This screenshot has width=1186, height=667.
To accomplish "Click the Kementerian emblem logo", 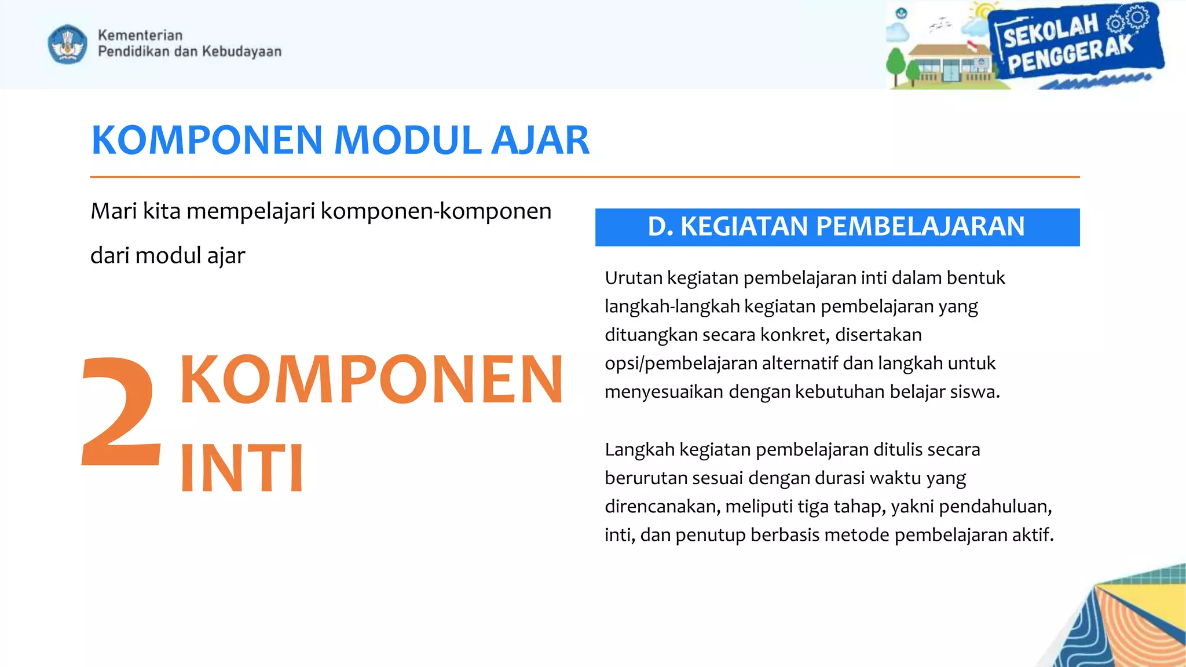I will click(x=68, y=44).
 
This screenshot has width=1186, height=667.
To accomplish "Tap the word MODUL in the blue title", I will click(x=408, y=141).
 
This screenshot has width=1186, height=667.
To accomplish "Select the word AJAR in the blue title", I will click(x=540, y=141).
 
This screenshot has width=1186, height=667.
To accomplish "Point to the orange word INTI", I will click(x=241, y=468).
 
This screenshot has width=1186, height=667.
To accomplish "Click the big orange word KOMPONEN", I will click(x=371, y=380).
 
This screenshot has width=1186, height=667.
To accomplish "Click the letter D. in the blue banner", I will click(x=660, y=226).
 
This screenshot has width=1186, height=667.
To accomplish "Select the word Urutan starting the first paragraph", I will click(x=634, y=278).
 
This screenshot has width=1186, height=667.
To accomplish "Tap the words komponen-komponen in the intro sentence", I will click(x=435, y=211).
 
